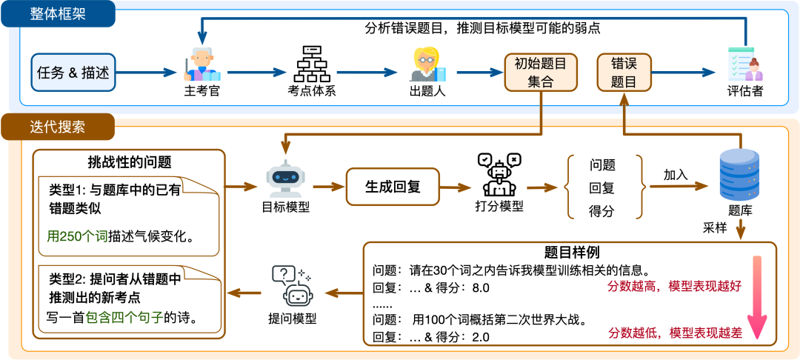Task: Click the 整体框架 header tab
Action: (x=58, y=14)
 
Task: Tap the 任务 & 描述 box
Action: (x=73, y=73)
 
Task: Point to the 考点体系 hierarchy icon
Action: (x=311, y=64)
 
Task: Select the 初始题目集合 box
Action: (x=540, y=73)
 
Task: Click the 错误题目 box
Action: (x=624, y=73)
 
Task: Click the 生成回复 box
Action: (x=393, y=187)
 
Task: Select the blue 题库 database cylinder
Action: (x=739, y=174)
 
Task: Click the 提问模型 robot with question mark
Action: (x=293, y=286)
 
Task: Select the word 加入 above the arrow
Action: (x=676, y=175)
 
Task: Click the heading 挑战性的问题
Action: (x=130, y=163)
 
